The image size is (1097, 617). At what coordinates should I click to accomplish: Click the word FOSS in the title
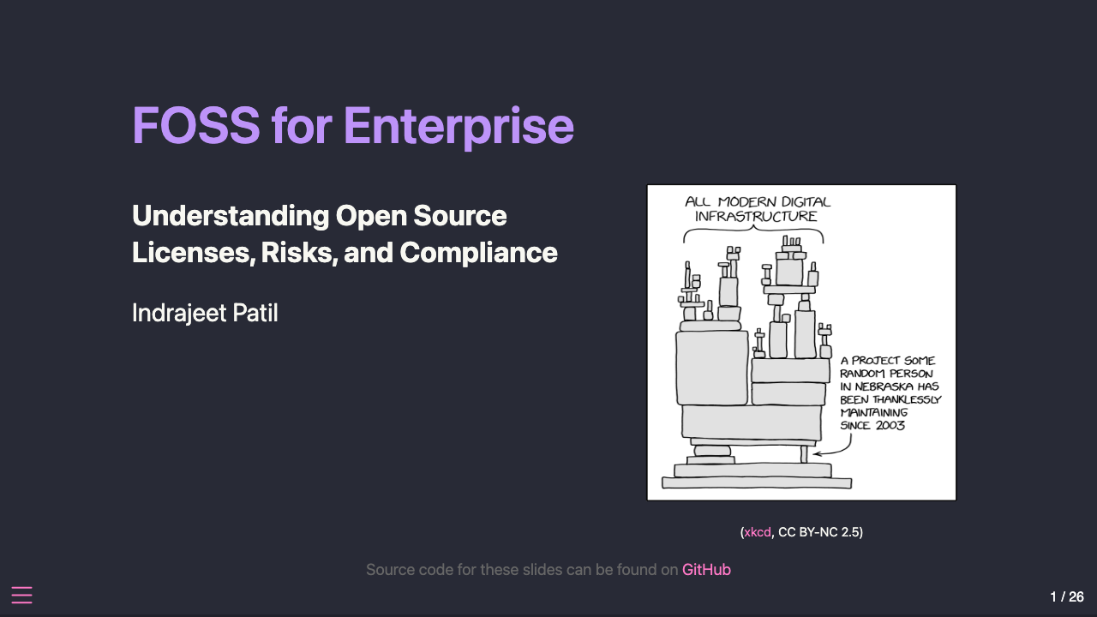pyautogui.click(x=195, y=126)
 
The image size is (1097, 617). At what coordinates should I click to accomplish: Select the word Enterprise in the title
pyautogui.click(x=459, y=126)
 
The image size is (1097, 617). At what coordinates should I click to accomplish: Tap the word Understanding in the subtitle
pyautogui.click(x=230, y=216)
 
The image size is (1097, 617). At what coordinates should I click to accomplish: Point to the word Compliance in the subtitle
pyautogui.click(x=479, y=253)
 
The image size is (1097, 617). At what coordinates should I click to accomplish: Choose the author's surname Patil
pyautogui.click(x=255, y=313)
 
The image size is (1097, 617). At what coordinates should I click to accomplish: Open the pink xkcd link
pyautogui.click(x=758, y=532)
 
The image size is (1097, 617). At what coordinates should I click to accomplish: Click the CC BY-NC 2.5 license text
pyautogui.click(x=819, y=532)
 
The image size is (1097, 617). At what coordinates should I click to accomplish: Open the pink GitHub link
pyautogui.click(x=706, y=570)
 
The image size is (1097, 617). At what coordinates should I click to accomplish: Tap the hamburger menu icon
pyautogui.click(x=21, y=596)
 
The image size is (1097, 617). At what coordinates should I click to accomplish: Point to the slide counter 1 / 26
pyautogui.click(x=1067, y=596)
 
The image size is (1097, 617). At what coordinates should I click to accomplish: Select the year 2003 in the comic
pyautogui.click(x=890, y=425)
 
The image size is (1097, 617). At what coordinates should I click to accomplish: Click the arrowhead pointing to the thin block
pyautogui.click(x=815, y=452)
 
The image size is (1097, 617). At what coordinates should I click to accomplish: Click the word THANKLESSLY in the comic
pyautogui.click(x=907, y=399)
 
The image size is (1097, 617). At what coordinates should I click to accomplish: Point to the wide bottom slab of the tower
pyautogui.click(x=757, y=483)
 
